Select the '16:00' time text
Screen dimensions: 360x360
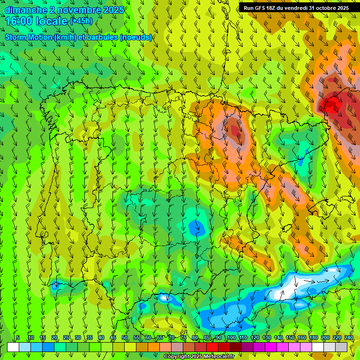pos(18,22)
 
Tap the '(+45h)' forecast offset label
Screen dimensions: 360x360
pos(81,21)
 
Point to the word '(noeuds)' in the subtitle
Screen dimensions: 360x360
pos(136,37)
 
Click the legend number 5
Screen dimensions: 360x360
pos(18,337)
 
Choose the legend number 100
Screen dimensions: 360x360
pos(231,337)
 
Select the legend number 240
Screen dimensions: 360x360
pos(349,337)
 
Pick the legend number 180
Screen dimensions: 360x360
pos(313,337)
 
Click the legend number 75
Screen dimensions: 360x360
pos(183,337)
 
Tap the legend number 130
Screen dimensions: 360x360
pos(266,337)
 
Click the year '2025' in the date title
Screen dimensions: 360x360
pos(113,10)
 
